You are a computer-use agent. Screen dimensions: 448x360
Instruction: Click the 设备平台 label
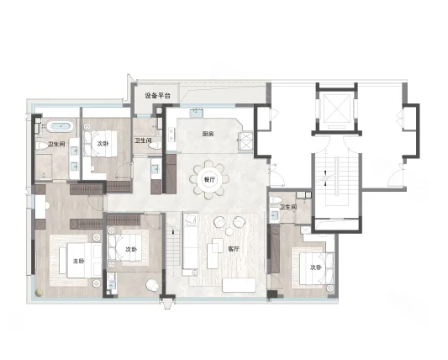157,96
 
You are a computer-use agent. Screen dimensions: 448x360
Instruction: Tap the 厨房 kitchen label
208,134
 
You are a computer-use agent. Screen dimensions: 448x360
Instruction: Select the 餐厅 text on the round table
209,179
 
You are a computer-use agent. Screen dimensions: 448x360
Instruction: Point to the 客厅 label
233,249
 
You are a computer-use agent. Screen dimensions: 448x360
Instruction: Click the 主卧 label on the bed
79,261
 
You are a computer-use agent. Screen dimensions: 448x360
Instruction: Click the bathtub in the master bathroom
60,126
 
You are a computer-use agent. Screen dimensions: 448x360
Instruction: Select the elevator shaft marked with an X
336,108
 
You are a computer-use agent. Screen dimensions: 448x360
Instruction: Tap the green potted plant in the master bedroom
40,293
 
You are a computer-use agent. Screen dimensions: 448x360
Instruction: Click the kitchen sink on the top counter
197,112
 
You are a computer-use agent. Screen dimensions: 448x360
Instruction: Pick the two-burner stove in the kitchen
171,135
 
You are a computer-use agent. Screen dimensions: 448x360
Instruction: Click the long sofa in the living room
190,244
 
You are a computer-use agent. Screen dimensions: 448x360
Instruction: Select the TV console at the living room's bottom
239,285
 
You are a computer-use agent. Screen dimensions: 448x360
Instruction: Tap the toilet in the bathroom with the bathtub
42,146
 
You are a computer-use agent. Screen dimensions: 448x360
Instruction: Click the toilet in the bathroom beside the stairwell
276,199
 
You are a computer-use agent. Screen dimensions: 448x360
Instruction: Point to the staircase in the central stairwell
336,181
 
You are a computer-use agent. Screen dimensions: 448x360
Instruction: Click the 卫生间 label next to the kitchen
143,140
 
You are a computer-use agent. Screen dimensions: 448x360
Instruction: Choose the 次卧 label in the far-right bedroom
316,267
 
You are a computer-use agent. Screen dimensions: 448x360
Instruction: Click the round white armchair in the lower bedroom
152,285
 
